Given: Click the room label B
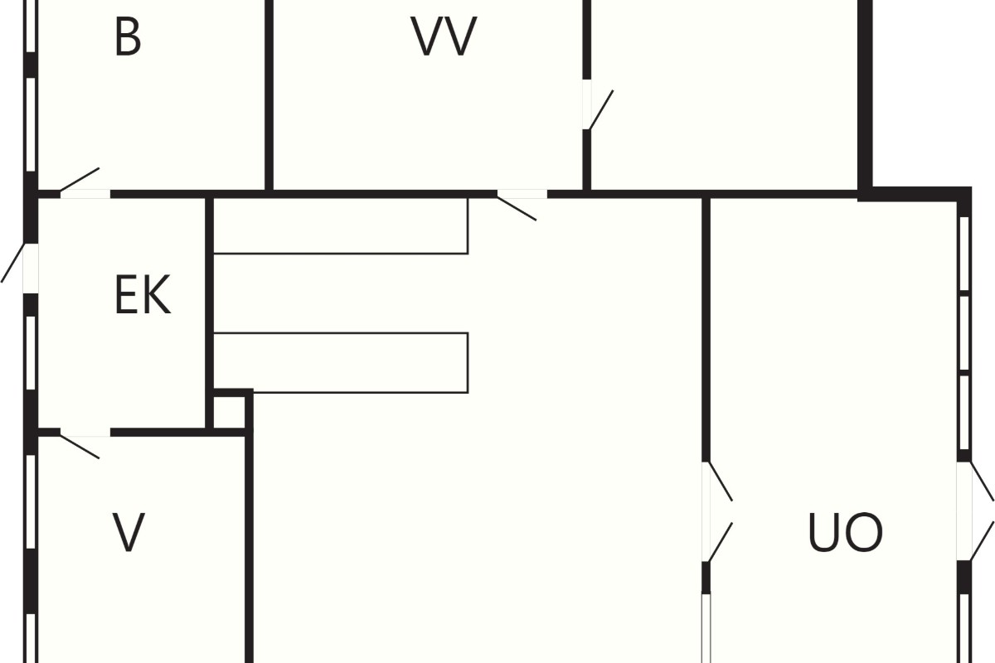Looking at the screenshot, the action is pyautogui.click(x=128, y=36).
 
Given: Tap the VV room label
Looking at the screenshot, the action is pyautogui.click(x=444, y=36).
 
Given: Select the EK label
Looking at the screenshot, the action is pyautogui.click(x=143, y=295).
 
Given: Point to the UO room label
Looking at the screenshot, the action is pyautogui.click(x=845, y=532).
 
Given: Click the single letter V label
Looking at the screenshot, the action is pyautogui.click(x=129, y=532).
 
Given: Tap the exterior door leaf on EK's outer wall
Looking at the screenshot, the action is pyautogui.click(x=13, y=263).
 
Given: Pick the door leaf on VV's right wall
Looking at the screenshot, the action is pyautogui.click(x=600, y=109).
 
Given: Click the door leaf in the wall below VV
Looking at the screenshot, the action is pyautogui.click(x=517, y=208).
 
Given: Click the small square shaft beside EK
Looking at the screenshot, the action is pyautogui.click(x=229, y=413).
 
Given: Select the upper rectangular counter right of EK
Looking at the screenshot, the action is pyautogui.click(x=341, y=226).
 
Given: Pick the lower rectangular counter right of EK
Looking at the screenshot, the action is pyautogui.click(x=341, y=362).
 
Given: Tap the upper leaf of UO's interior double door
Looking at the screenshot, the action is pyautogui.click(x=720, y=482).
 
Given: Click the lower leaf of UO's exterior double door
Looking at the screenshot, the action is pyautogui.click(x=982, y=541).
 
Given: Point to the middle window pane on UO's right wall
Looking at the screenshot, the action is pyautogui.click(x=963, y=332).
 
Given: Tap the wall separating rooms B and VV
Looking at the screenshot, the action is pyautogui.click(x=269, y=95).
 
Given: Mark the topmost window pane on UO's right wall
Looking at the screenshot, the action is pyautogui.click(x=963, y=254).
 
